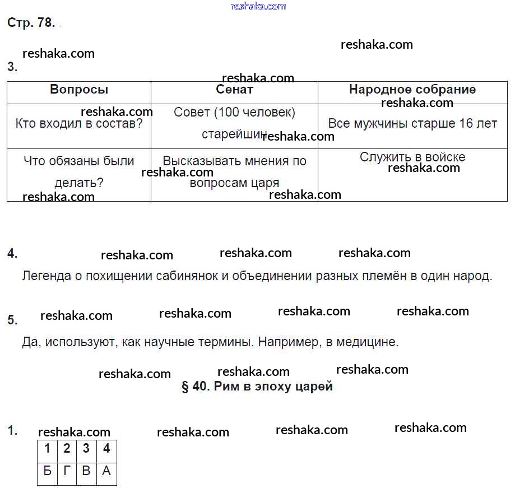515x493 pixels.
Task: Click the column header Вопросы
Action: pos(79,90)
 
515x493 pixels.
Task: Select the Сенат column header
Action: pos(234,90)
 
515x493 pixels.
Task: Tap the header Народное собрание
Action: pos(412,90)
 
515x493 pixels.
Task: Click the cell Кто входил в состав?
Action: pos(79,124)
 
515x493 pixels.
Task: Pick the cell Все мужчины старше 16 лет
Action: pos(412,124)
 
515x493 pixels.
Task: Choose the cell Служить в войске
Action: pos(412,157)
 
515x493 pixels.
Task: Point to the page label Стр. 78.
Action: pos(31,23)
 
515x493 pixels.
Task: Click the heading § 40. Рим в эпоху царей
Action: pos(257,387)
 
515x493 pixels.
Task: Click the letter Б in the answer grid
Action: pos(48,471)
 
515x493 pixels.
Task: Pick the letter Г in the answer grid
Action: pos(67,471)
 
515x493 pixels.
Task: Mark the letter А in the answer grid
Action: pos(106,471)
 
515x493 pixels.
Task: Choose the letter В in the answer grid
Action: pos(86,471)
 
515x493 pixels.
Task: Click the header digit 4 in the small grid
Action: pos(106,449)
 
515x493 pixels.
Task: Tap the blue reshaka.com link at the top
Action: pos(258,6)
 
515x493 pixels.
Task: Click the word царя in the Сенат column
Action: pos(266,183)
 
